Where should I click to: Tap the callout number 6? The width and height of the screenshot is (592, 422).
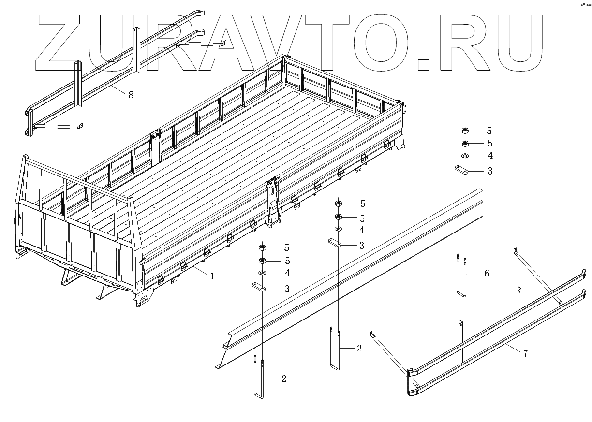pyautogui.click(x=487, y=274)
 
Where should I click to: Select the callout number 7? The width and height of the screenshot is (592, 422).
pyautogui.click(x=525, y=353)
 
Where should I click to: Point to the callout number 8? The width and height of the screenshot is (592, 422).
pyautogui.click(x=131, y=95)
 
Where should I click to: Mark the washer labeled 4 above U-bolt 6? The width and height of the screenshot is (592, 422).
pyautogui.click(x=464, y=156)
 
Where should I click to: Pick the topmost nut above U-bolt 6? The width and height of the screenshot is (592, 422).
pyautogui.click(x=464, y=131)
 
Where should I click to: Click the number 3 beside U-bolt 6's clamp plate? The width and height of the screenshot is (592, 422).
pyautogui.click(x=490, y=171)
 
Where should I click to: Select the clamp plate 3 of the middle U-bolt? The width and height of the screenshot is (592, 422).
pyautogui.click(x=336, y=244)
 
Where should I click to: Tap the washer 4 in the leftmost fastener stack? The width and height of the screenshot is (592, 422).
pyautogui.click(x=262, y=273)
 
